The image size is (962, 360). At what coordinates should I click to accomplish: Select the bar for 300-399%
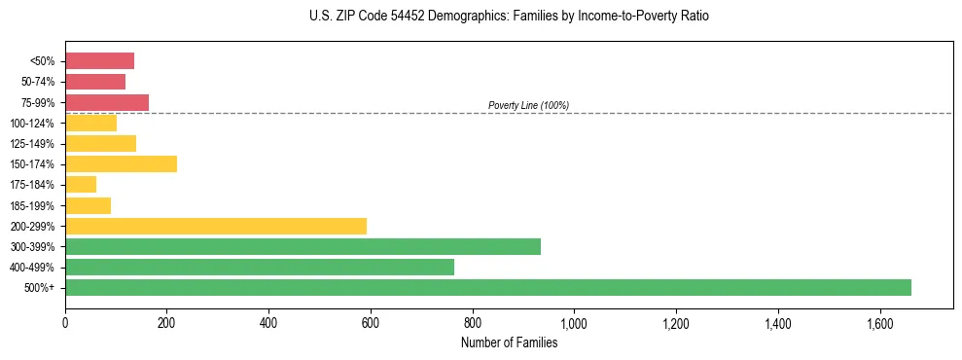(x=303, y=246)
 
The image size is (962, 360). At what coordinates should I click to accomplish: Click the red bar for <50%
(x=99, y=60)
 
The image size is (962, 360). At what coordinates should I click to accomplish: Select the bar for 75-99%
(x=107, y=102)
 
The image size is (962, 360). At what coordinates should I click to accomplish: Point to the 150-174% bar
(x=121, y=163)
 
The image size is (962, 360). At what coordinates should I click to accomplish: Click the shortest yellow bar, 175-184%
(x=81, y=184)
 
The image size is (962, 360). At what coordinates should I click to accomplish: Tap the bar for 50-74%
(x=95, y=82)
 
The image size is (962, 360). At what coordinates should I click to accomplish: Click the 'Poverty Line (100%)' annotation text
(x=528, y=105)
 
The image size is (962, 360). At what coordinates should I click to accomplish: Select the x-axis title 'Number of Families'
(x=509, y=342)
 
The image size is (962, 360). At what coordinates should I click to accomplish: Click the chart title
(x=509, y=17)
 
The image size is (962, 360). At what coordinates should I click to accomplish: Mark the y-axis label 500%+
(x=40, y=288)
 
